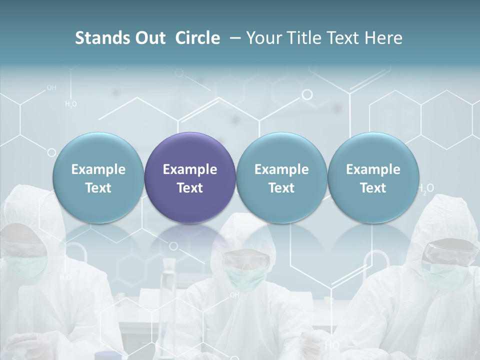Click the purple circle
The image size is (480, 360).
(x=190, y=177)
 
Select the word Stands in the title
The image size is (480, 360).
(x=97, y=38)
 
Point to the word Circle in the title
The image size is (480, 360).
(x=197, y=38)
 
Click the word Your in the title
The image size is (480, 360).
(x=262, y=38)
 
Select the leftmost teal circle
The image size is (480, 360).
(x=98, y=177)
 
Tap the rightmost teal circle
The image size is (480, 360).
(x=373, y=177)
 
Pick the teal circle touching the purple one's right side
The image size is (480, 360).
(x=281, y=177)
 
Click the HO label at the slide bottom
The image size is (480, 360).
(x=332, y=345)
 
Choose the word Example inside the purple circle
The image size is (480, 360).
(x=190, y=169)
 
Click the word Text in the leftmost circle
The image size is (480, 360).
(x=98, y=188)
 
